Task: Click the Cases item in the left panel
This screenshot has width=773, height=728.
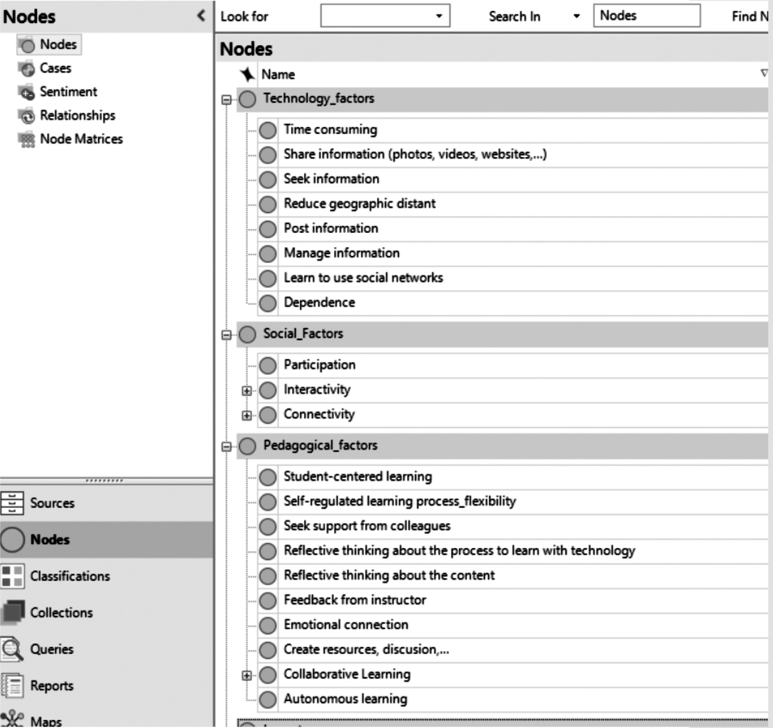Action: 55,68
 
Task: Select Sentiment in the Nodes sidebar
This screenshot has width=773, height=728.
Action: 68,92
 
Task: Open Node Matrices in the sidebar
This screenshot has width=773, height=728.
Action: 81,139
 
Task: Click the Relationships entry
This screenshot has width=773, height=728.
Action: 77,115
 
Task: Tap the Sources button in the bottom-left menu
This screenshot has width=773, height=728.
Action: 52,503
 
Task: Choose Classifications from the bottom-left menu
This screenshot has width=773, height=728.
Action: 70,576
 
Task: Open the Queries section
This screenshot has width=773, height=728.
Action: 51,649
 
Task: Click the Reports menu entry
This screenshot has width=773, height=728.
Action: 51,686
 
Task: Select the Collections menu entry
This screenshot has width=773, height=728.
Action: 61,613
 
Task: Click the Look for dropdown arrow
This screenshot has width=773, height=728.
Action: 439,16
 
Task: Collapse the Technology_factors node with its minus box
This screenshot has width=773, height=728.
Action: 226,100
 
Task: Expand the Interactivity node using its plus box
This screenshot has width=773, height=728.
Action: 247,391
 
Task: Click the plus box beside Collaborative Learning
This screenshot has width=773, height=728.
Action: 247,675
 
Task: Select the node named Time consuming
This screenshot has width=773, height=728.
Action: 330,130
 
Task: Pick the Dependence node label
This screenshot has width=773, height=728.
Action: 319,303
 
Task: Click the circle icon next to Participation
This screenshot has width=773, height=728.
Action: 268,366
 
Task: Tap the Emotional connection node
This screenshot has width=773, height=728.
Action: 346,625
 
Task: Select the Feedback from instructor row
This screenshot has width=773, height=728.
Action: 355,600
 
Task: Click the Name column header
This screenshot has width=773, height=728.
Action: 278,75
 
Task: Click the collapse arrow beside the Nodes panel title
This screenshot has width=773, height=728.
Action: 201,16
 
